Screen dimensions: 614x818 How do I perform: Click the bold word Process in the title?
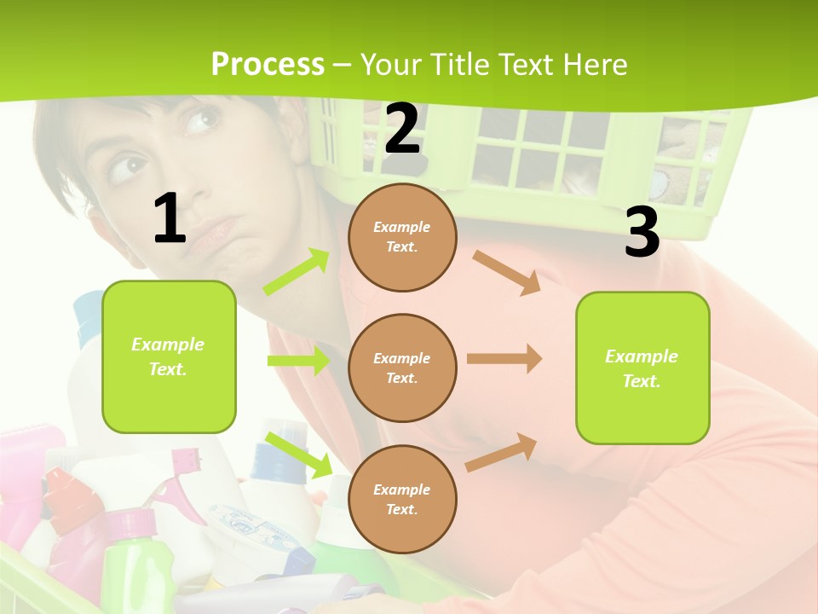(x=268, y=65)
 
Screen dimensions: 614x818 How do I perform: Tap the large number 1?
(x=170, y=219)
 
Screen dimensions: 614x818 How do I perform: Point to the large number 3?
(x=642, y=232)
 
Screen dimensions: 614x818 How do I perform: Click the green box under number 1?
(x=169, y=356)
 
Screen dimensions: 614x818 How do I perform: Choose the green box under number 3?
(x=642, y=368)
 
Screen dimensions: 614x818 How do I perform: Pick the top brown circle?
(x=402, y=237)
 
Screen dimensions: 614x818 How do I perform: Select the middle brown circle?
(x=402, y=368)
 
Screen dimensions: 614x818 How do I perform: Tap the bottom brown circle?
(x=402, y=499)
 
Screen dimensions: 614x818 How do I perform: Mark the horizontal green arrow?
(x=298, y=361)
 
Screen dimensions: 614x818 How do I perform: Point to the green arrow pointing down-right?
(x=299, y=455)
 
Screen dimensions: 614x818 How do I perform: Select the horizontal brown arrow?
(x=504, y=359)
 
